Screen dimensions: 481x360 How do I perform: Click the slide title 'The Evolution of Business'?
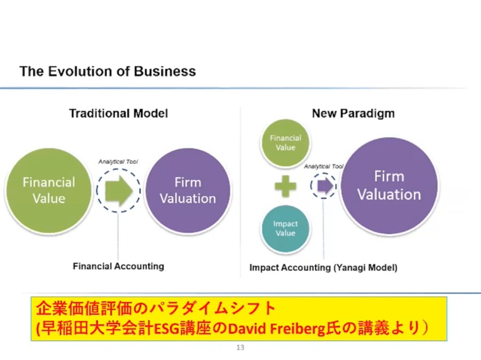point(107,71)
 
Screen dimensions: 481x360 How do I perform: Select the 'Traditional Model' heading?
point(119,113)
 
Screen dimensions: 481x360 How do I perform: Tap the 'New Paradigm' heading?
point(353,113)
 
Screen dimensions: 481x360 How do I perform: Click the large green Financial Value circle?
point(49,190)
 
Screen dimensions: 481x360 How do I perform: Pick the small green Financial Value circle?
point(285,143)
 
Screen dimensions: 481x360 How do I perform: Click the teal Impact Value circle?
point(285,228)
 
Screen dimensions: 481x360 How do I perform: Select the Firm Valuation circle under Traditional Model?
point(188,190)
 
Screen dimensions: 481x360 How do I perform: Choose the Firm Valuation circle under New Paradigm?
point(389,186)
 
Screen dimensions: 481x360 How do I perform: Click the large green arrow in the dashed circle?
point(119,190)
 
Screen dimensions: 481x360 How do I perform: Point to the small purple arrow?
point(325,186)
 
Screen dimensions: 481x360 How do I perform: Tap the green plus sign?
point(285,186)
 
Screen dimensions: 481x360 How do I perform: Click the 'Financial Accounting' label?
point(119,266)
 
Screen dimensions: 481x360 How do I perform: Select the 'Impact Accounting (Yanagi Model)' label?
point(323,267)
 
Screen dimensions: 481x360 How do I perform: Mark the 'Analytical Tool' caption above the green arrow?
point(118,162)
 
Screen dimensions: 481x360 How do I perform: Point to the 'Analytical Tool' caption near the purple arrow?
point(324,166)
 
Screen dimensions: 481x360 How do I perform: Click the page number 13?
point(240,347)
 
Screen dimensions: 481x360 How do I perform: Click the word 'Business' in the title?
point(165,71)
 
